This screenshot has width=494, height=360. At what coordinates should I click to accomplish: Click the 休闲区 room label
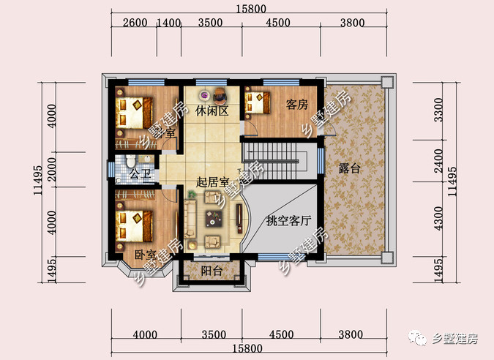[x=212, y=111]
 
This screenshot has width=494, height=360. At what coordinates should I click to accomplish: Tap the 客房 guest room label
[x=296, y=105]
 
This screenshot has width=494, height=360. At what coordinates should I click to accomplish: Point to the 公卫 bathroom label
[x=140, y=174]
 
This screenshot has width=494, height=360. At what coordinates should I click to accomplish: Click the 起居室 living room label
[x=213, y=182]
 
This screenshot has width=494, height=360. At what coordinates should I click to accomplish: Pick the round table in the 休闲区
[x=219, y=94]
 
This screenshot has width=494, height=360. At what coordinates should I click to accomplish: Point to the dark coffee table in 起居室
[x=214, y=217]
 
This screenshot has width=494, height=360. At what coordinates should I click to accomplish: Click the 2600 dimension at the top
[x=135, y=23]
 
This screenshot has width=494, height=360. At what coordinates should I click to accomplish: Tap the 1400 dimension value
[x=169, y=23]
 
